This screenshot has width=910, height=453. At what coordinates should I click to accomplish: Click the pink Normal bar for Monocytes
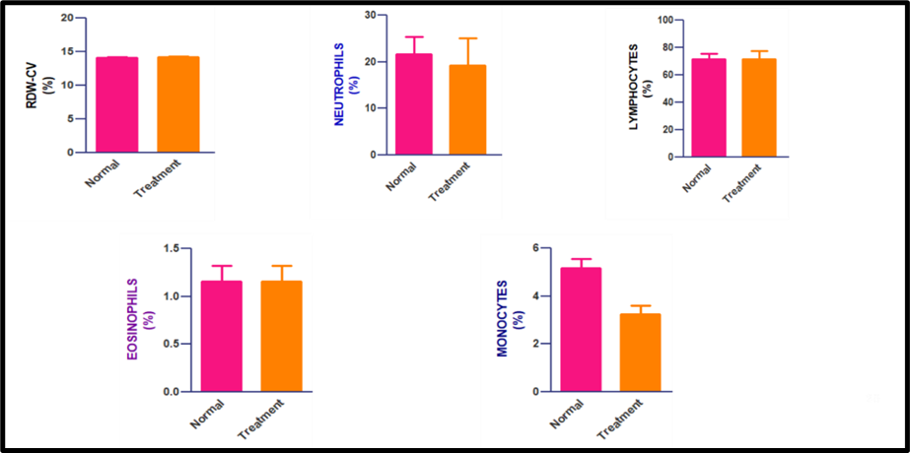(581, 330)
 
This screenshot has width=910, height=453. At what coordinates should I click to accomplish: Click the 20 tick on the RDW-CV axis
(65, 19)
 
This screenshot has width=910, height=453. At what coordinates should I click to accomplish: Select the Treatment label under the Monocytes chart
(619, 421)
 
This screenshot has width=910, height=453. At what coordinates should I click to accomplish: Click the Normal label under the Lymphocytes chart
(698, 180)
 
